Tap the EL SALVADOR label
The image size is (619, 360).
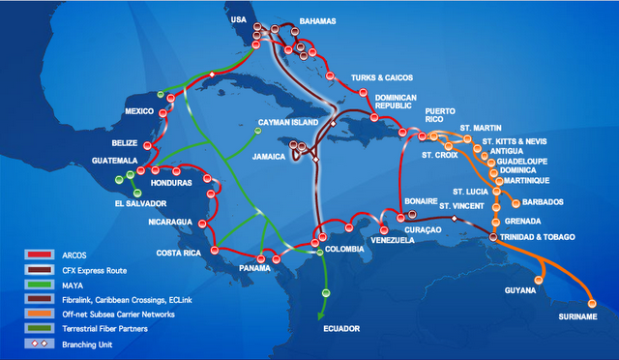pos(140,203)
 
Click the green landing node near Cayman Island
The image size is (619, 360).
pos(257,131)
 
